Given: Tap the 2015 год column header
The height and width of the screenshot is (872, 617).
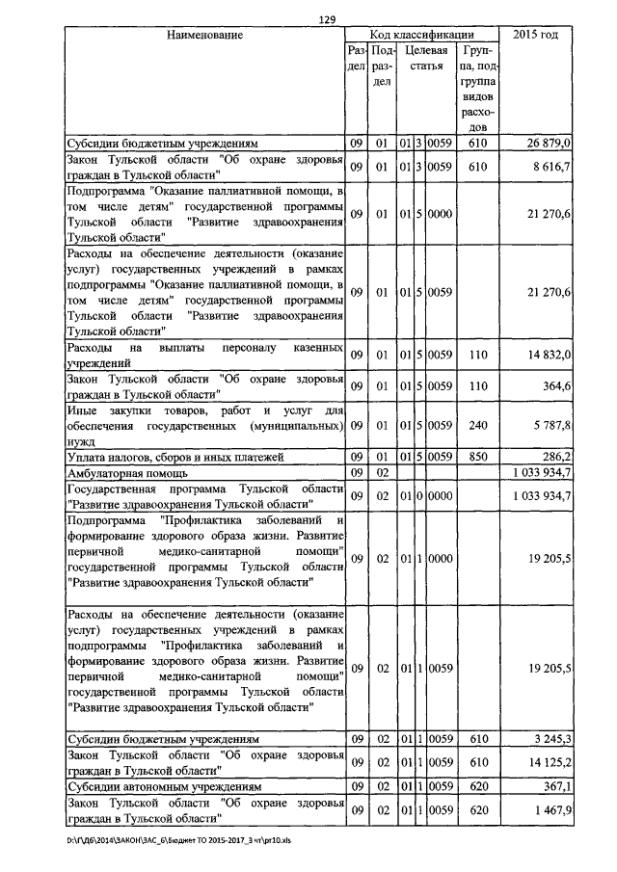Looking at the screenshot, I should (537, 35).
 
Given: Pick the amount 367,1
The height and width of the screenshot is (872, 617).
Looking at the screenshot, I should (557, 786).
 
